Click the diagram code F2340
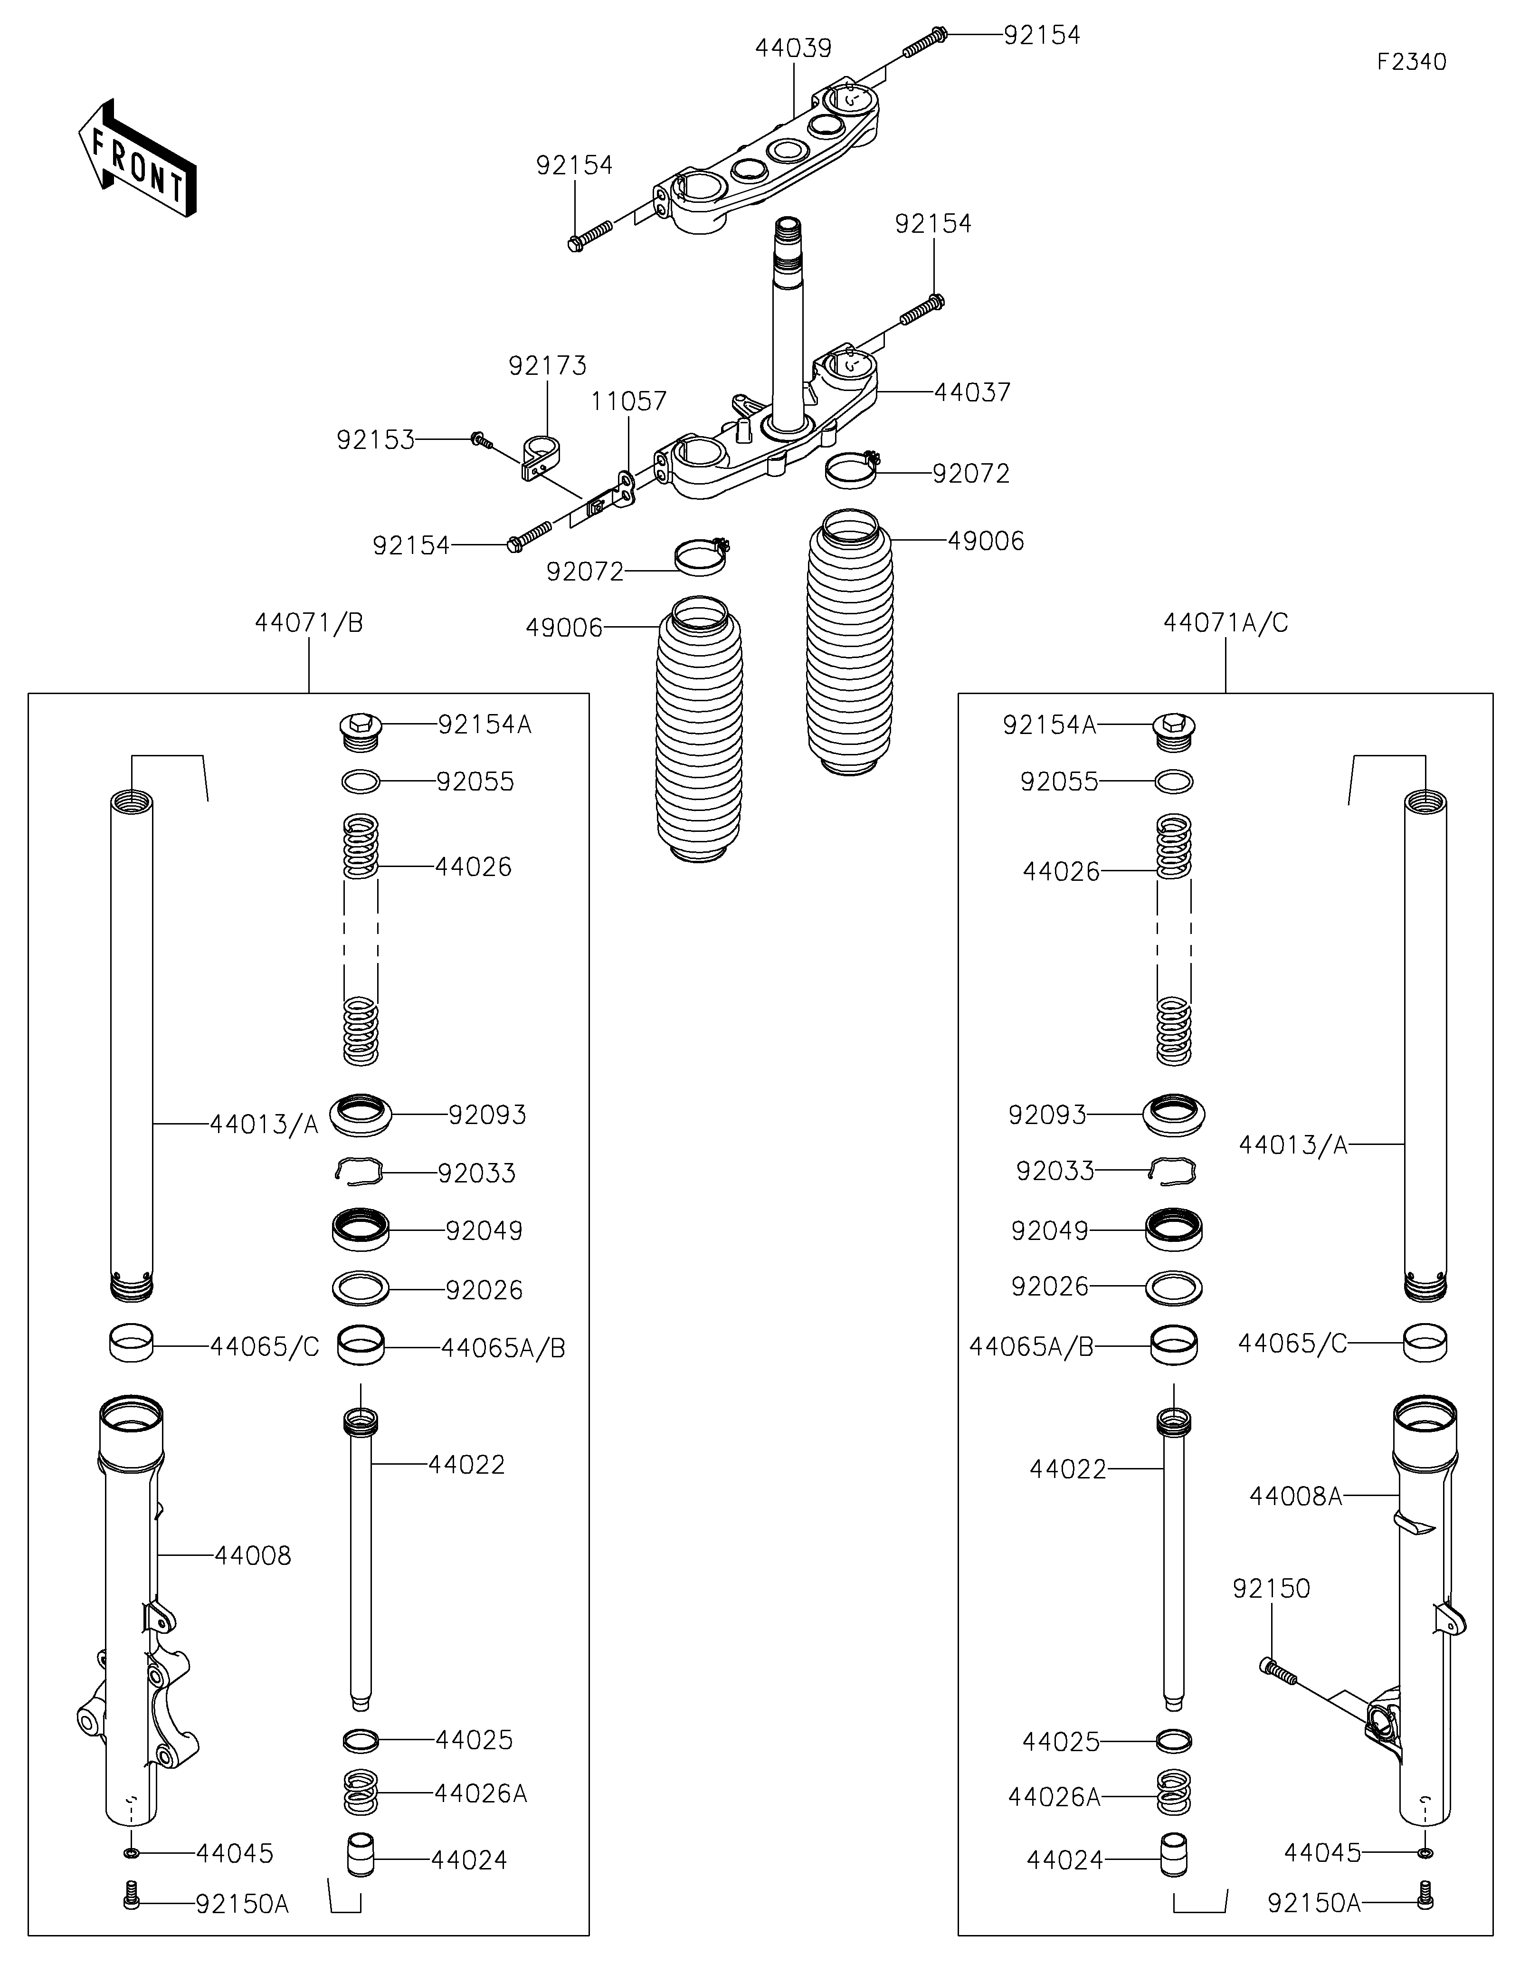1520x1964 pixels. click(1411, 62)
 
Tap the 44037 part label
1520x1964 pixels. click(973, 392)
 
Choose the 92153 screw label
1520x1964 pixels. click(376, 440)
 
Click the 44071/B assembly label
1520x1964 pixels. click(309, 622)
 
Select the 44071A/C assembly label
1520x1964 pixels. click(1226, 622)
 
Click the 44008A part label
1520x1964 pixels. click(1295, 1497)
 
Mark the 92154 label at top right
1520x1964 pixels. click(1042, 35)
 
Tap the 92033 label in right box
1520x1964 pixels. click(1055, 1171)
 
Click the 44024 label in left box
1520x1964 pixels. click(469, 1859)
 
